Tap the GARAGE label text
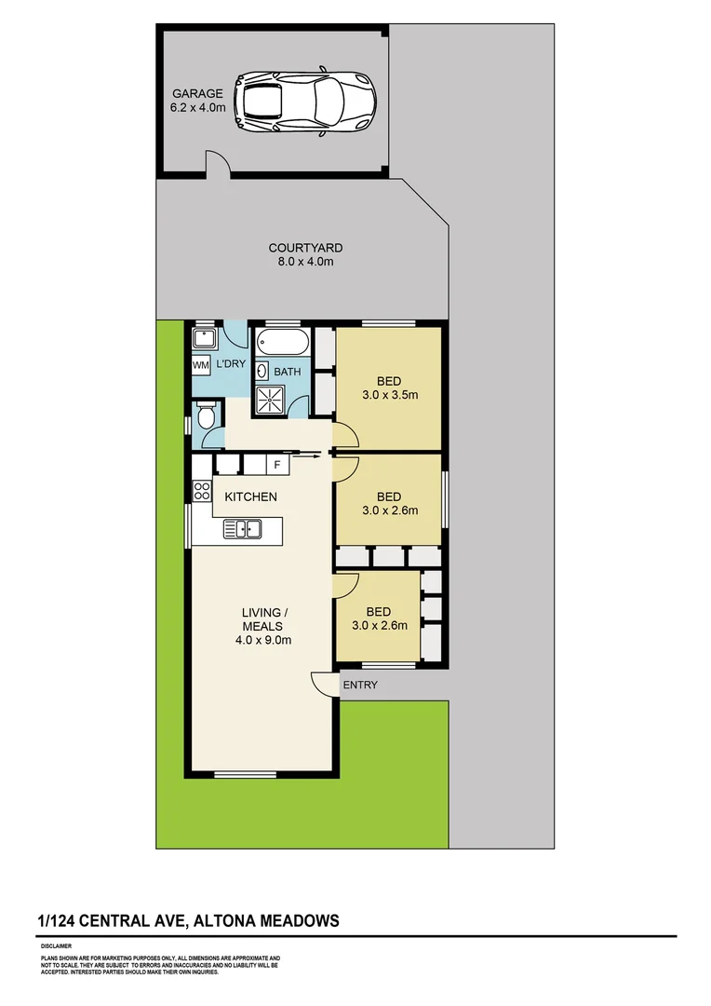click(197, 93)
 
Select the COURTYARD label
click(305, 248)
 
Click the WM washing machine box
click(200, 365)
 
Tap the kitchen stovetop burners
click(202, 491)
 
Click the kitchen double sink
click(243, 529)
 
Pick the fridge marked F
click(276, 463)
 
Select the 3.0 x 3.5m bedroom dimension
click(389, 394)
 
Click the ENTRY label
click(360, 685)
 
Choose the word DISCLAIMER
click(58, 945)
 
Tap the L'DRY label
click(230, 364)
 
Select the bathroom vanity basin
click(262, 371)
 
